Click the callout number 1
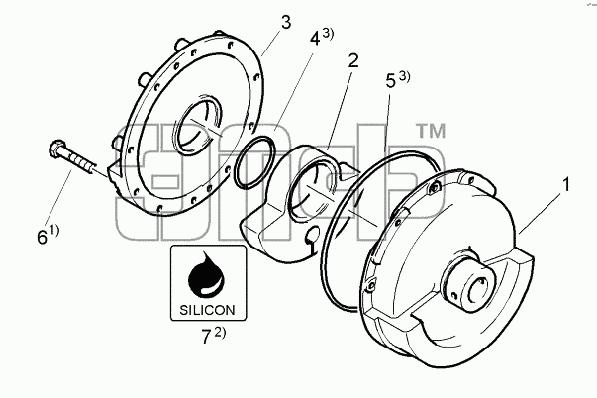tap(566, 185)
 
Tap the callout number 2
tap(353, 61)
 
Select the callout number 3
tap(286, 22)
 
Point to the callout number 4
tap(315, 39)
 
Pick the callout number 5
tap(391, 81)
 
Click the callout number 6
tap(43, 238)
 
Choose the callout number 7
tap(206, 337)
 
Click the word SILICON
tap(207, 310)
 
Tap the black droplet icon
tap(206, 274)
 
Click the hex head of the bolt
tap(57, 147)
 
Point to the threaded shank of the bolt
tap(79, 161)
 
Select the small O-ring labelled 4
tap(254, 161)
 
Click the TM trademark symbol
tap(432, 131)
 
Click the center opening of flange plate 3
tap(197, 123)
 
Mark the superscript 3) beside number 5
tap(405, 76)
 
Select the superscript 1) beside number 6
tap(54, 230)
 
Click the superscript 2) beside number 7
tap(220, 332)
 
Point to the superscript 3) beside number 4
tap(328, 33)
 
